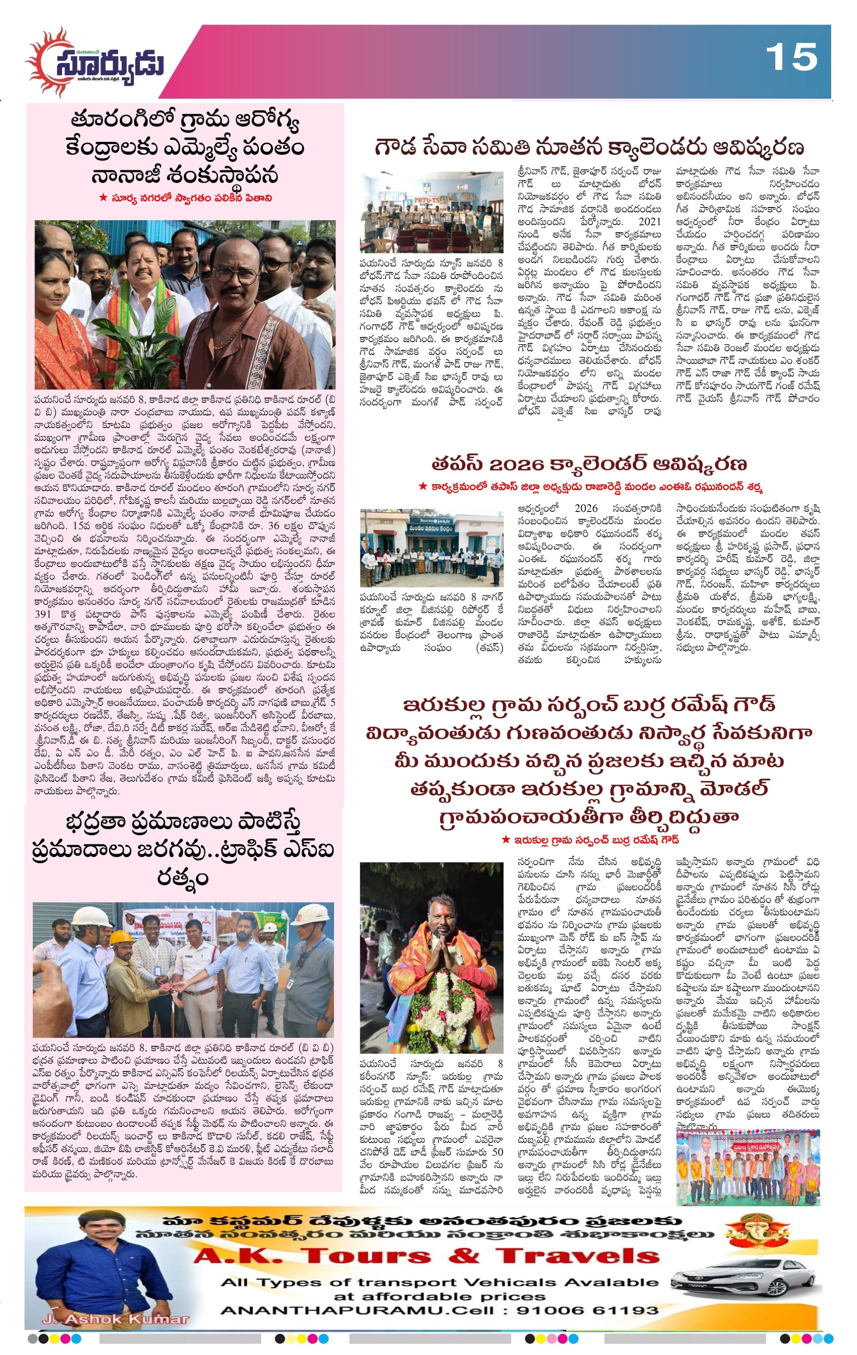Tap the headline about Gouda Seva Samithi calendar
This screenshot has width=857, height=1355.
[590, 147]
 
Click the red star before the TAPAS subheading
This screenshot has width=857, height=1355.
[423, 486]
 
